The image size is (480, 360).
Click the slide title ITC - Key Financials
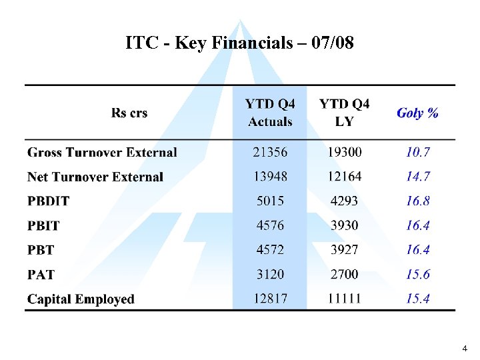[240, 43]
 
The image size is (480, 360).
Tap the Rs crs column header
[129, 113]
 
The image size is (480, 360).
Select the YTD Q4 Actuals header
[270, 113]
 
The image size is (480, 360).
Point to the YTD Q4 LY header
[344, 113]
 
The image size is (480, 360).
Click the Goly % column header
[417, 113]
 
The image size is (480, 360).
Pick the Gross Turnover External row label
[102, 153]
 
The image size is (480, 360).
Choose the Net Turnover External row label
[95, 177]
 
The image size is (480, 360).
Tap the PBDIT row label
[48, 201]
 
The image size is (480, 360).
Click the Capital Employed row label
[81, 299]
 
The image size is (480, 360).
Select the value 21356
[270, 153]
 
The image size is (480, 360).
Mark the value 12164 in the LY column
[344, 177]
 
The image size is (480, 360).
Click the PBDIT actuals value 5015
[270, 201]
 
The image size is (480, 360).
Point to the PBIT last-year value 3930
[344, 225]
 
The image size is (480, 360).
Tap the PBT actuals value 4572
[270, 250]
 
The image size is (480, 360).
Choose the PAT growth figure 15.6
[418, 274]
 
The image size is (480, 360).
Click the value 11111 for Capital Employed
[344, 299]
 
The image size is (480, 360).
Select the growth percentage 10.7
[418, 153]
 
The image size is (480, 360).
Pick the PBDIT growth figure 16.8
[418, 201]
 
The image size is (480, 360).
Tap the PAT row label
[41, 275]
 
